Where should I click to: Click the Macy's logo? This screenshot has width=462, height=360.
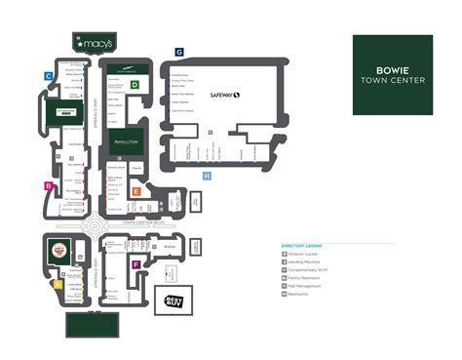[93, 43]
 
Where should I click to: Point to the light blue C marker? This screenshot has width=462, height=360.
[47, 74]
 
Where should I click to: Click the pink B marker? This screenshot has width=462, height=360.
[47, 184]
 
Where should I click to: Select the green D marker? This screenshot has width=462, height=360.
[136, 86]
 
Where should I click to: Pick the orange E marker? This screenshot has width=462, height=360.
[136, 191]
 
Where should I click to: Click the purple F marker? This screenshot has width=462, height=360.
[136, 264]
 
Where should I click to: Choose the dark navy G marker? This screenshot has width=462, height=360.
[179, 51]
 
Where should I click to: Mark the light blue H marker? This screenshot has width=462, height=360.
[207, 176]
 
